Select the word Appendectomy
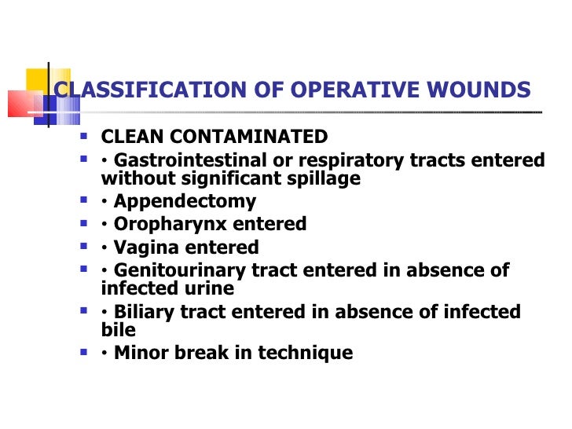pyautogui.click(x=185, y=202)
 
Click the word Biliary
pyautogui.click(x=144, y=312)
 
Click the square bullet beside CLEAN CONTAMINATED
pyautogui.click(x=85, y=134)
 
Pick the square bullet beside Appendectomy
pyautogui.click(x=85, y=200)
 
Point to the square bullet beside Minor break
pyautogui.click(x=85, y=351)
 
